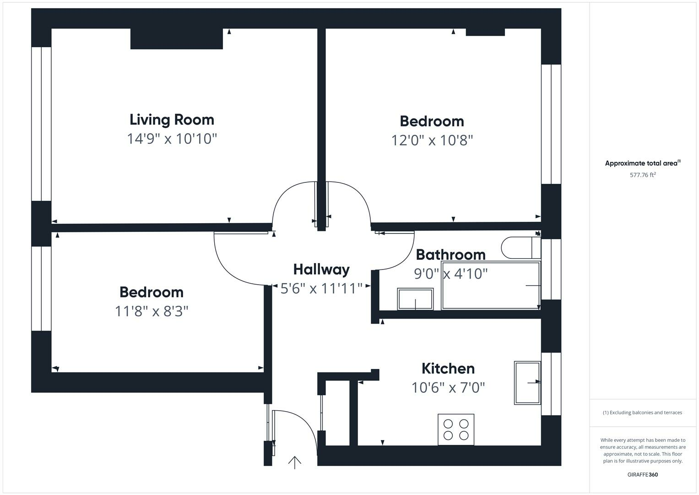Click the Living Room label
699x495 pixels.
pos(172,120)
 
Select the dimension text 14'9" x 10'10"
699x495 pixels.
pos(172,138)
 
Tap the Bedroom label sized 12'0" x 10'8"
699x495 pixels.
pos(432,121)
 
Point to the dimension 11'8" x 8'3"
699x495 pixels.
pos(152,312)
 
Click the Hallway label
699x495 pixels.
pos(321,269)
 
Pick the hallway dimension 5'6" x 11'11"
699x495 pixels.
pos(321,289)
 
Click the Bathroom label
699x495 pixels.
pos(450,254)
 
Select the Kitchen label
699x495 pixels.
pos(448,368)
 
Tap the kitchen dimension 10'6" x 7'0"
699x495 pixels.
pos(448,388)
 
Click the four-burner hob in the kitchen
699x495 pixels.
pos(456,429)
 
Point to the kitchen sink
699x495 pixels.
pos(527,383)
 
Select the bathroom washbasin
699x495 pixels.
pos(415,299)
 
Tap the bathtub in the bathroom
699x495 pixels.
pos(491,286)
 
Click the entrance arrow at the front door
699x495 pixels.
pos(294,462)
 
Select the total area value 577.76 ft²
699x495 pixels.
pos(643,175)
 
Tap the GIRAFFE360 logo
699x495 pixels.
pos(642,474)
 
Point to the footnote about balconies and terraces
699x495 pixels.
pos(642,412)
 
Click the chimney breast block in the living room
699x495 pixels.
pos(176,39)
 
